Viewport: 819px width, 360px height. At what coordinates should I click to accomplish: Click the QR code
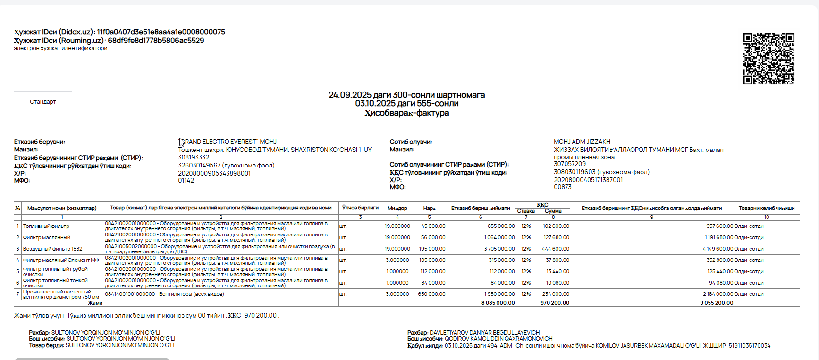click(x=768, y=59)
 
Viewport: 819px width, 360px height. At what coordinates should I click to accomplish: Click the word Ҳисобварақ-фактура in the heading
click(x=406, y=113)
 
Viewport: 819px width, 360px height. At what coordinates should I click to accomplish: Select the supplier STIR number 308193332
click(x=194, y=157)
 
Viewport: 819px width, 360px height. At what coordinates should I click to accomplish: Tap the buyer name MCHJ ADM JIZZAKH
click(x=582, y=142)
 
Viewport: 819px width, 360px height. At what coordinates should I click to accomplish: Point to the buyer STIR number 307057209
click(x=569, y=164)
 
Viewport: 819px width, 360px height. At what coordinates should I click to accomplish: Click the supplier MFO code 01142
click(x=186, y=180)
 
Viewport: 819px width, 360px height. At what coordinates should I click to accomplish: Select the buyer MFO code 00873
click(x=562, y=187)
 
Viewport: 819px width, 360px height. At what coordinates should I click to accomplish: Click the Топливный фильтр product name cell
click(x=46, y=226)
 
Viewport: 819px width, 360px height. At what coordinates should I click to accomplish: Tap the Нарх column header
click(x=429, y=208)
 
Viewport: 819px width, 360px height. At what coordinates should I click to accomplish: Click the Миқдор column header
click(x=397, y=208)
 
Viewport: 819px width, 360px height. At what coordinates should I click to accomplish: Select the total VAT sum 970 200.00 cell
click(x=555, y=303)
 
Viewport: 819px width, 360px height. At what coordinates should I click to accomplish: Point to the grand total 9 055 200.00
click(x=717, y=303)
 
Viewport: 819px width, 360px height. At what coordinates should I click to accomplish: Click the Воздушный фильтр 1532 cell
click(x=52, y=249)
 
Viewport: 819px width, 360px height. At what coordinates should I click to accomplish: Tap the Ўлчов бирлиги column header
click(x=360, y=208)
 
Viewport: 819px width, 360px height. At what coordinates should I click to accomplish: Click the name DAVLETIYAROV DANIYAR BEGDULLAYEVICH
click(x=484, y=333)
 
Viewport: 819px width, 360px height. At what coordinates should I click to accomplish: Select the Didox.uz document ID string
click(x=161, y=32)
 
